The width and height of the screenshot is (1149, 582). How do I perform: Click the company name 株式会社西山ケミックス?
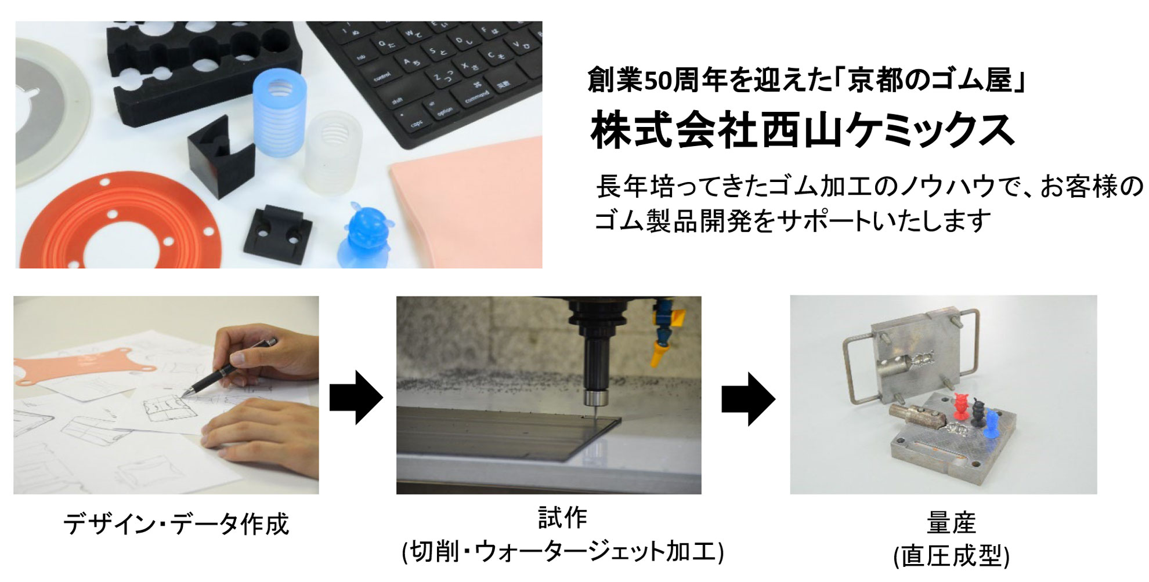[x=803, y=131]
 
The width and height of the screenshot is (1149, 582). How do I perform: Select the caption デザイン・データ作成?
[x=176, y=523]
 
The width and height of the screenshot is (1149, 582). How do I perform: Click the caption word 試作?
[x=562, y=518]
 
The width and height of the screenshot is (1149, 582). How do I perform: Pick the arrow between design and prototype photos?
[x=356, y=398]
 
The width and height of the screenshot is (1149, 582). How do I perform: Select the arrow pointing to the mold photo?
[x=749, y=399]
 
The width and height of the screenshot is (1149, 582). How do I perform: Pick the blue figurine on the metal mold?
[x=991, y=425]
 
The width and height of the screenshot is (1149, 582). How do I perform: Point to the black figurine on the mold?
[x=977, y=413]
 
